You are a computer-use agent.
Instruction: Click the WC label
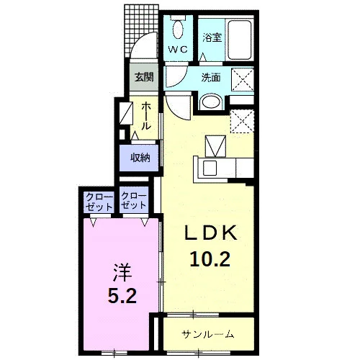[178, 50]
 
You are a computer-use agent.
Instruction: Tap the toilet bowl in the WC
[178, 29]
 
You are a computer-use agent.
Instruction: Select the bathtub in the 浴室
[239, 40]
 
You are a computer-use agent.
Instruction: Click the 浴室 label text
[212, 37]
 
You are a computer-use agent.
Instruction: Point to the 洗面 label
[211, 78]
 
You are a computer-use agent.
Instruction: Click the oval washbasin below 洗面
[211, 102]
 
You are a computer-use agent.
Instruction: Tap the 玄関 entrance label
[144, 77]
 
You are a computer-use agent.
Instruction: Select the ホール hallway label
[146, 116]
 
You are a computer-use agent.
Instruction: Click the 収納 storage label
[140, 158]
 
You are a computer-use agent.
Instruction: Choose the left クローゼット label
[99, 202]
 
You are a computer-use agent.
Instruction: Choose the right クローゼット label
[134, 201]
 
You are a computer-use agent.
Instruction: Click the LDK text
[211, 233]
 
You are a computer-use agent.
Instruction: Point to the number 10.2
[210, 259]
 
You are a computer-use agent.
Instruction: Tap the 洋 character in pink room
[122, 273]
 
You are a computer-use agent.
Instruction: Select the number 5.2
[122, 295]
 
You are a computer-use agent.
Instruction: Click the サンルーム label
[208, 334]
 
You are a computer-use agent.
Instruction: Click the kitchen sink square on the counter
[210, 168]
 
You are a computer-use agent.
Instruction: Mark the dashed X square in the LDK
[242, 121]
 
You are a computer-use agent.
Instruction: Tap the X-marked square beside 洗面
[243, 80]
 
